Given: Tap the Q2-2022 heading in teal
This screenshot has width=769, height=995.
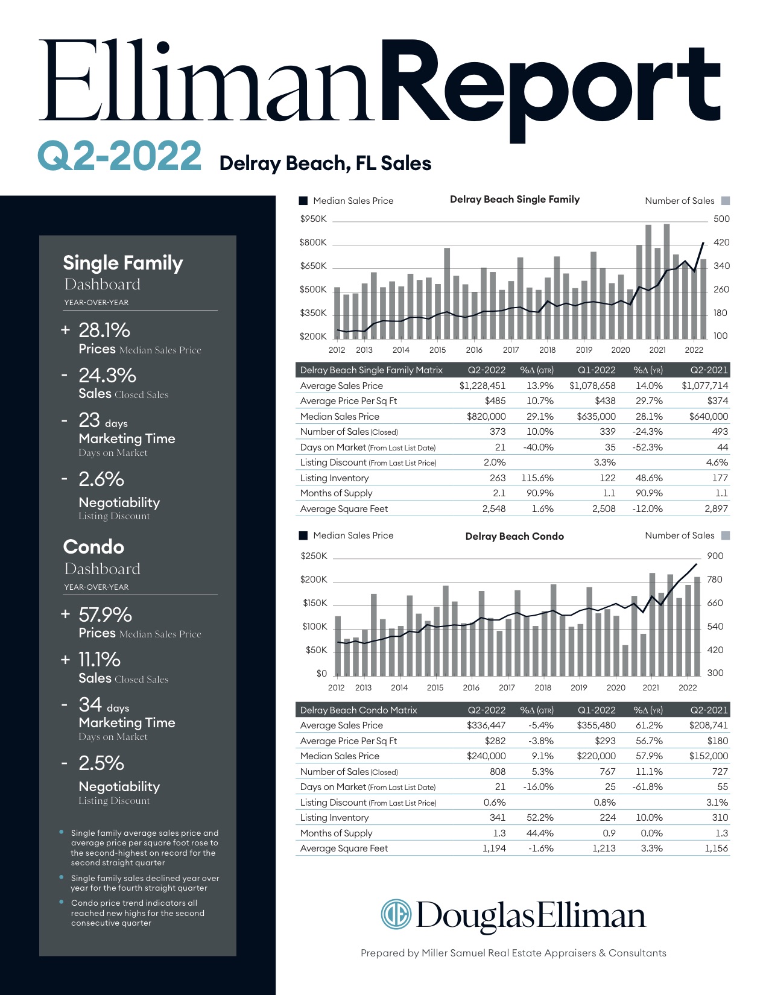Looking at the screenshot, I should tap(119, 156).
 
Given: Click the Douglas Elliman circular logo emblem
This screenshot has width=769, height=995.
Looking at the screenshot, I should tap(396, 914).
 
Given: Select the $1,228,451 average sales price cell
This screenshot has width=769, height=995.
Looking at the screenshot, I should tap(482, 386).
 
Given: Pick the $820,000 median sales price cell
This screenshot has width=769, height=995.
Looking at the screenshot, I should tap(486, 417).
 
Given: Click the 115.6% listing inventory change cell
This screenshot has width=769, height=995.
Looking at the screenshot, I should tap(537, 478).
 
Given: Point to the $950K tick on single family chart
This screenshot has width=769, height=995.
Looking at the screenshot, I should tap(313, 219).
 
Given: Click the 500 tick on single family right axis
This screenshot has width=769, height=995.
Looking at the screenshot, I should tap(721, 219).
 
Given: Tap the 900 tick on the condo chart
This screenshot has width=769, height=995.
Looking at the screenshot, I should tap(715, 556).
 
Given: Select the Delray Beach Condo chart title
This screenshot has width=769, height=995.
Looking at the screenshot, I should tap(514, 536).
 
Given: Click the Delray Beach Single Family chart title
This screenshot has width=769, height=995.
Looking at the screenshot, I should tap(514, 200).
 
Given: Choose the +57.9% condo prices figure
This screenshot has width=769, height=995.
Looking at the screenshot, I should tap(105, 615).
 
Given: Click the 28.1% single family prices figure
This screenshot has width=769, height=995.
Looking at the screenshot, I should tap(104, 330).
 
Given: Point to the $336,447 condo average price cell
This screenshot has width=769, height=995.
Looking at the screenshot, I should tap(486, 725).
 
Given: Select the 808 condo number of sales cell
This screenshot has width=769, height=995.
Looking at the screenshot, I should tap(498, 772).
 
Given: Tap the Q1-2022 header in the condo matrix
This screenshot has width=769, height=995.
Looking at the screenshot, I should tap(596, 710).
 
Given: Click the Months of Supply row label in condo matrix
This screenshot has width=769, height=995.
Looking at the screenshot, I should tap(336, 833).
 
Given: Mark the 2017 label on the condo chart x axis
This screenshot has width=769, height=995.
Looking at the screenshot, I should tap(507, 687).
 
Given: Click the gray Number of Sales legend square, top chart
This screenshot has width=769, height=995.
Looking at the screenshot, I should tap(726, 201).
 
